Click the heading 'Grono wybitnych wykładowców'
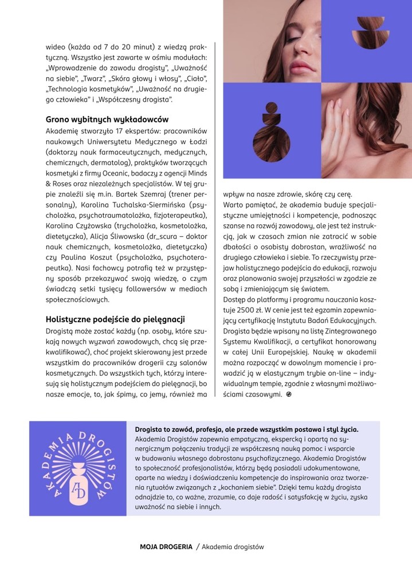coord(107,120)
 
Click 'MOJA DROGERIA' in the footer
coord(166,547)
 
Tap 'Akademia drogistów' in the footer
coord(233,547)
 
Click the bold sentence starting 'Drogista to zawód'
coord(246,429)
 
